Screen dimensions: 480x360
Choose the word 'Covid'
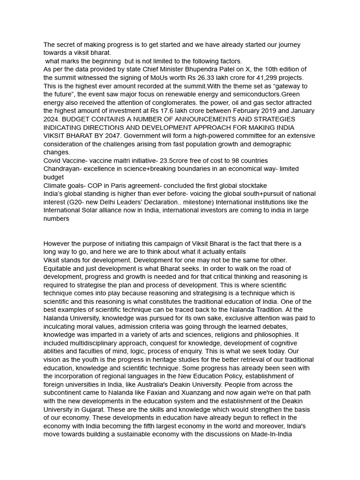(52, 160)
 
